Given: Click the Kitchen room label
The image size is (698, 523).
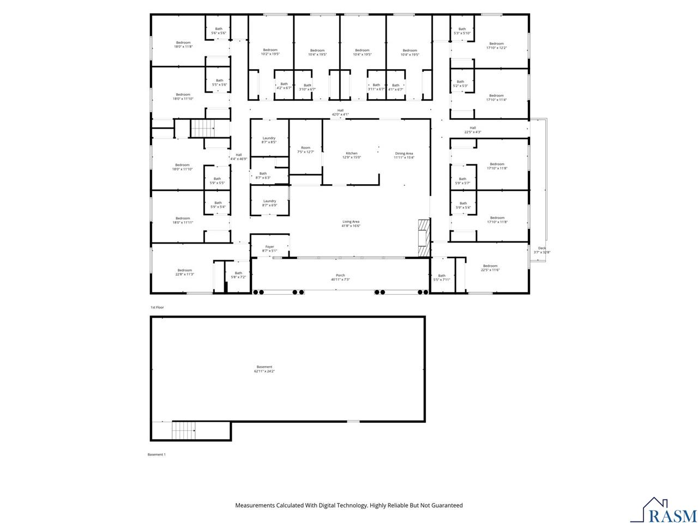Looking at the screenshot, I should pyautogui.click(x=352, y=154).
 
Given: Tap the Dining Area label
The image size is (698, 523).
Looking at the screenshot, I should pyautogui.click(x=404, y=154).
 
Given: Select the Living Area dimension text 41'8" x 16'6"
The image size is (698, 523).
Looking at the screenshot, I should pyautogui.click(x=351, y=226).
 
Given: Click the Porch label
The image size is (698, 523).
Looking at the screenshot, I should pyautogui.click(x=340, y=276).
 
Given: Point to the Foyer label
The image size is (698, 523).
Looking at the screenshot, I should pyautogui.click(x=270, y=247).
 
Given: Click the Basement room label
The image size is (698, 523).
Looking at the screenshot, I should pyautogui.click(x=264, y=367).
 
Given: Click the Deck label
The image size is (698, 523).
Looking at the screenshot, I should pyautogui.click(x=541, y=248).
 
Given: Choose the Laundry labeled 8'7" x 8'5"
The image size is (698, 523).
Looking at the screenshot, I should pyautogui.click(x=269, y=140).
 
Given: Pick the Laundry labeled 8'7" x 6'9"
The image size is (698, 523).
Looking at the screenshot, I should pyautogui.click(x=269, y=203).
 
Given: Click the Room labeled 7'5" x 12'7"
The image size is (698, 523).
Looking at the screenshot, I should pyautogui.click(x=305, y=150).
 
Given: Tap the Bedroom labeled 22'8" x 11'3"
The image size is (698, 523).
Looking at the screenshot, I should pyautogui.click(x=184, y=272).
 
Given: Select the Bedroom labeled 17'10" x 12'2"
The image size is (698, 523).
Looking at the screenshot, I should pyautogui.click(x=496, y=46).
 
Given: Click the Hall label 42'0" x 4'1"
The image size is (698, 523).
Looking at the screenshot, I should pyautogui.click(x=340, y=112).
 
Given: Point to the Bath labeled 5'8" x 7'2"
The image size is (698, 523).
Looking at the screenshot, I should pyautogui.click(x=238, y=275).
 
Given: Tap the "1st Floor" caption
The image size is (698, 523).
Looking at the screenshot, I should pyautogui.click(x=157, y=307).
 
